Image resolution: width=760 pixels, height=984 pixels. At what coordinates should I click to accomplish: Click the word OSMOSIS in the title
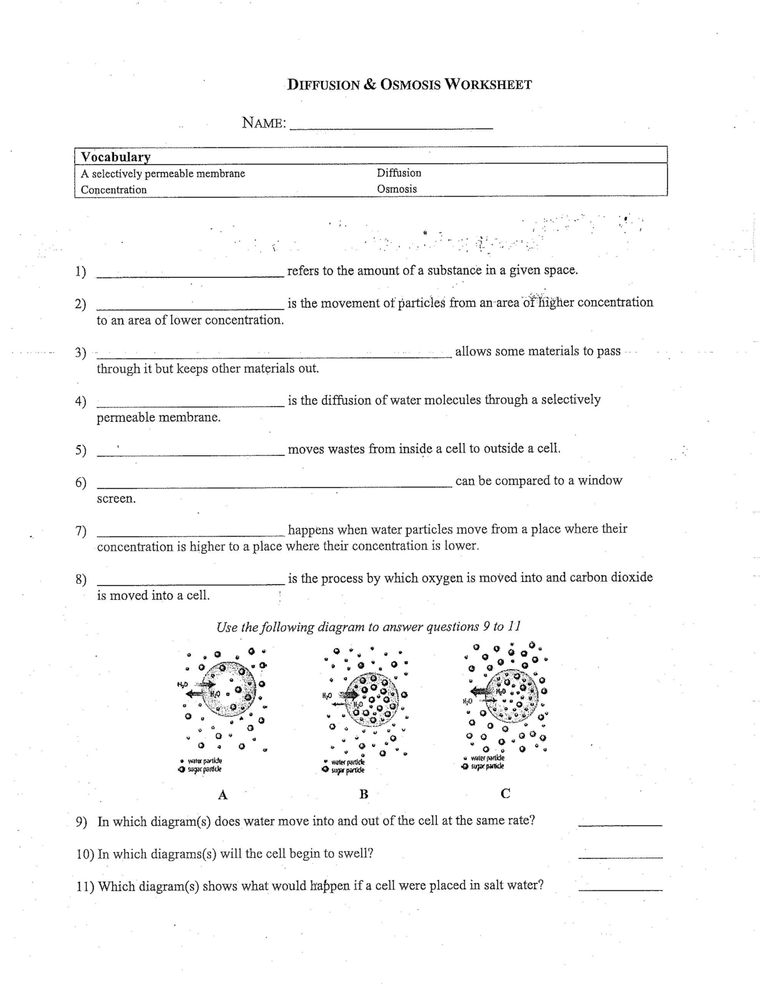(410, 85)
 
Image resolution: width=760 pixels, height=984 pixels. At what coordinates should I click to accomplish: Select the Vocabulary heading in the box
(116, 157)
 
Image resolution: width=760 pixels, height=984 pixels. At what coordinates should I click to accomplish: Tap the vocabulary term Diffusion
(399, 173)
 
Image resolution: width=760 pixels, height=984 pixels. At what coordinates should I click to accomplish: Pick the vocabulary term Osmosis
(397, 189)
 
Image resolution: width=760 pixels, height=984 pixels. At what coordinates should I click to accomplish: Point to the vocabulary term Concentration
(113, 189)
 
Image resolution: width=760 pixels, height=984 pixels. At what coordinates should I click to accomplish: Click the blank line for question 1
(190, 274)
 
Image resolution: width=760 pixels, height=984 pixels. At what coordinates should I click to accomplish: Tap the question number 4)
(81, 401)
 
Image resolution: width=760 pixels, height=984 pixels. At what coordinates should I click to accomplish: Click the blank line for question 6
(274, 484)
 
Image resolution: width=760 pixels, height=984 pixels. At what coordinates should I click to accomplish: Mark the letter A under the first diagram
(222, 795)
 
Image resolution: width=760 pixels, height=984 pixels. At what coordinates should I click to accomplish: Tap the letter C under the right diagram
(505, 793)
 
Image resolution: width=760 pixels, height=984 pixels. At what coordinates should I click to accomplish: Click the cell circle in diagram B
(373, 700)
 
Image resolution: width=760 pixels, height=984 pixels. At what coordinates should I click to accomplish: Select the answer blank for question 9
(620, 822)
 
